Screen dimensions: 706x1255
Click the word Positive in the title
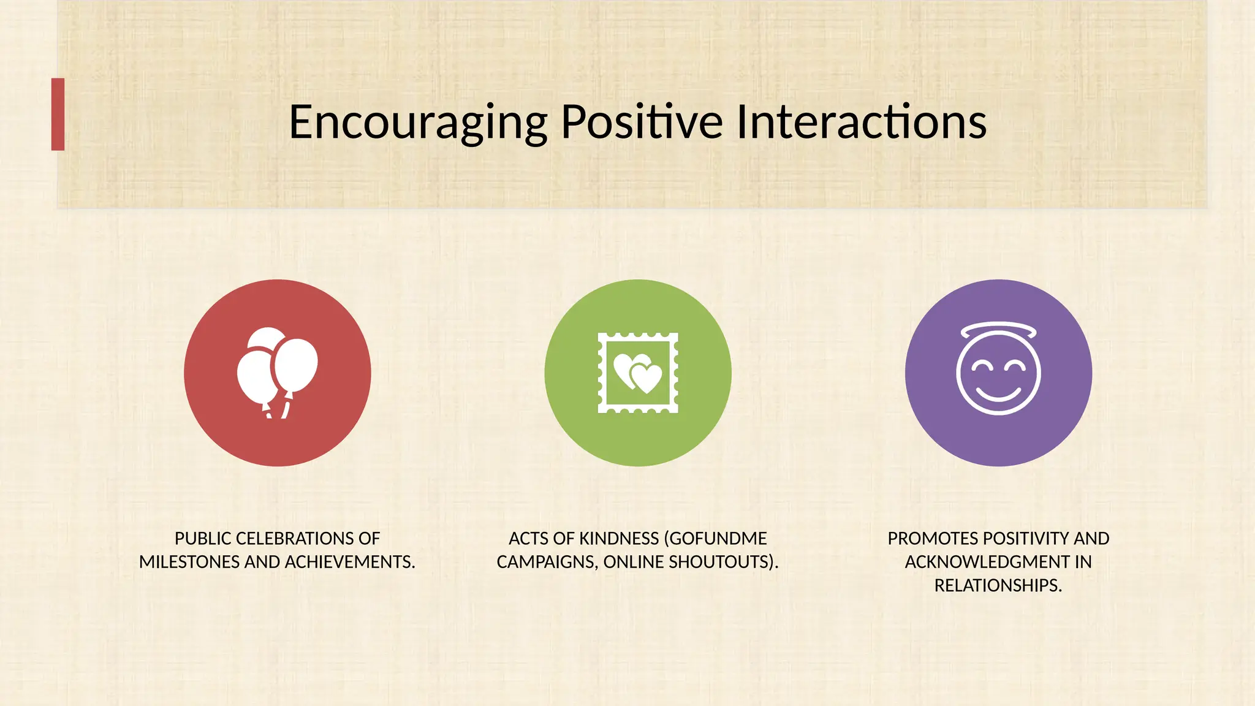(x=642, y=121)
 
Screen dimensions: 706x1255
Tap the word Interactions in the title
(x=861, y=121)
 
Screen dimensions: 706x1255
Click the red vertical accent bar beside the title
(x=58, y=114)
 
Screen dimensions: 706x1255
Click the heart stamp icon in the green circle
(x=638, y=373)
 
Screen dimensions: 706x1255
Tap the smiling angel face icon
(x=998, y=374)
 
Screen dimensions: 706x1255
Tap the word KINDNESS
(x=619, y=539)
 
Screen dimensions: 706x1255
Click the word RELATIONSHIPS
(x=997, y=586)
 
